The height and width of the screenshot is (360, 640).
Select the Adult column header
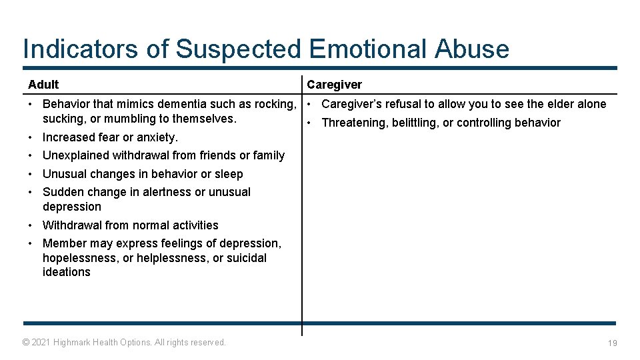(x=43, y=85)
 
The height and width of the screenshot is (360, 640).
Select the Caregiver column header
(x=334, y=85)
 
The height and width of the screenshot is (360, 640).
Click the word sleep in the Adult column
(x=229, y=174)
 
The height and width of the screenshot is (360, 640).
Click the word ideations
(x=66, y=272)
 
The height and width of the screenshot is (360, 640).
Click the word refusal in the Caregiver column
(x=401, y=104)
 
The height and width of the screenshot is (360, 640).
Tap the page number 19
(x=612, y=343)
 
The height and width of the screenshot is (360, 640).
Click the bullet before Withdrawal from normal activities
(x=32, y=225)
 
